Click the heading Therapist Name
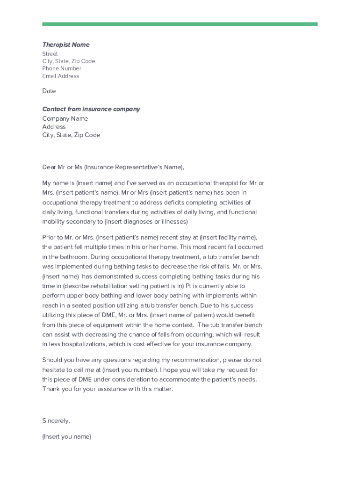(x=65, y=45)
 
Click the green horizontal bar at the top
(x=180, y=24)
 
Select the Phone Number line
(x=62, y=69)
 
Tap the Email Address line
(x=61, y=76)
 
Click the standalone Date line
(x=49, y=91)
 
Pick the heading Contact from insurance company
(x=91, y=109)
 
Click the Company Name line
(x=65, y=119)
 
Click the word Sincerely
(x=56, y=421)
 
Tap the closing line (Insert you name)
(x=66, y=437)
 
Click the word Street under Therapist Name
(x=50, y=54)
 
